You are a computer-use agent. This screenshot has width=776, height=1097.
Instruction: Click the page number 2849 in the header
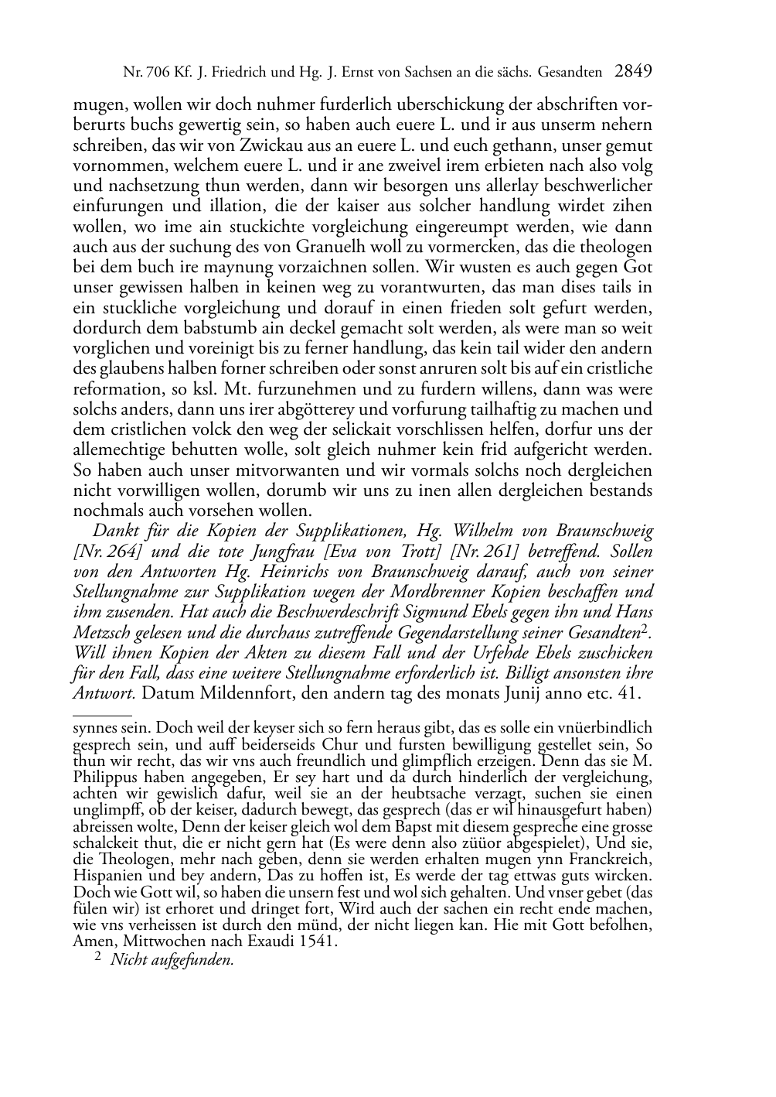[x=634, y=73]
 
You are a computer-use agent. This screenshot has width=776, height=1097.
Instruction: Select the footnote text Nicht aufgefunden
[x=172, y=960]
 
